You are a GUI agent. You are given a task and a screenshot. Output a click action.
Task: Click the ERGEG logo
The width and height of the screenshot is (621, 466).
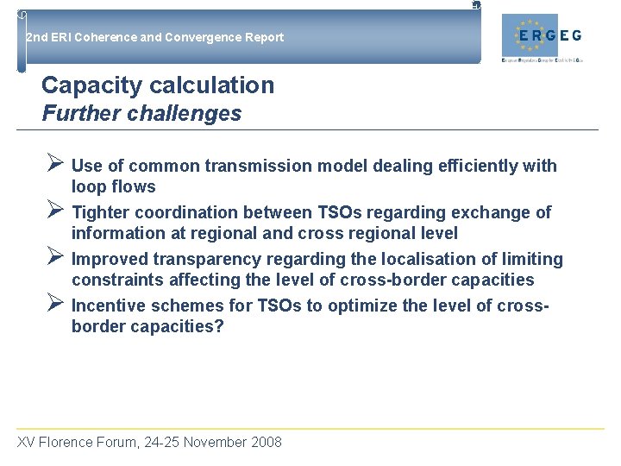click(548, 37)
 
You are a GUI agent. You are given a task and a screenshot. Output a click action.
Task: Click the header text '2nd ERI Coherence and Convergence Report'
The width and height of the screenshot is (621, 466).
click(154, 37)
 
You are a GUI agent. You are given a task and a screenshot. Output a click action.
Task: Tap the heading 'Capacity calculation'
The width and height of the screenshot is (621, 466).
click(158, 85)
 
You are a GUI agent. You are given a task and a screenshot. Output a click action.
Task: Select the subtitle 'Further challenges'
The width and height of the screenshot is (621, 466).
click(141, 113)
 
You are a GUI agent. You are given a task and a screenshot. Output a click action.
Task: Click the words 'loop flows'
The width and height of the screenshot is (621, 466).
click(113, 187)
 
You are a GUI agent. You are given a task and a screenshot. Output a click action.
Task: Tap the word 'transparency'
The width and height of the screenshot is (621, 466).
click(206, 259)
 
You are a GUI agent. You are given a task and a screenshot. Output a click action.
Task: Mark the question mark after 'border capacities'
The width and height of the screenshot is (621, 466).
click(219, 327)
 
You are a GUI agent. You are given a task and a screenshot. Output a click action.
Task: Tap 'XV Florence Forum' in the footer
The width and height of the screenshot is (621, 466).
click(75, 443)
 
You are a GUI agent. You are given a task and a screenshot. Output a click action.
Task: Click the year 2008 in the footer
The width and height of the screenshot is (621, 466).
click(266, 443)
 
